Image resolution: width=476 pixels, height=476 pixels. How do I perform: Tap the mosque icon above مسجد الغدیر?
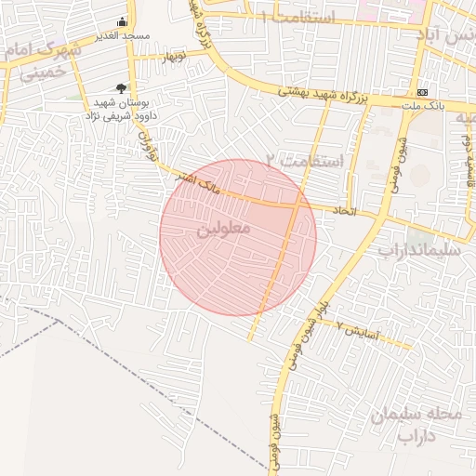click(x=122, y=22)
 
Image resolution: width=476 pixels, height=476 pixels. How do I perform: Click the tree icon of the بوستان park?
click(x=122, y=87)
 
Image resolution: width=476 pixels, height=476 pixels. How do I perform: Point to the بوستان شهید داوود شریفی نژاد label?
click(x=126, y=110)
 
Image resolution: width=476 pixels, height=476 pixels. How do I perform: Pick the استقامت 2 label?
click(x=304, y=161)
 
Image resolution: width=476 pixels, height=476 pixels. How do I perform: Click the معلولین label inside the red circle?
click(x=221, y=229)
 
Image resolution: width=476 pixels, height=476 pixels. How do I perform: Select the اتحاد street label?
click(x=344, y=211)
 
